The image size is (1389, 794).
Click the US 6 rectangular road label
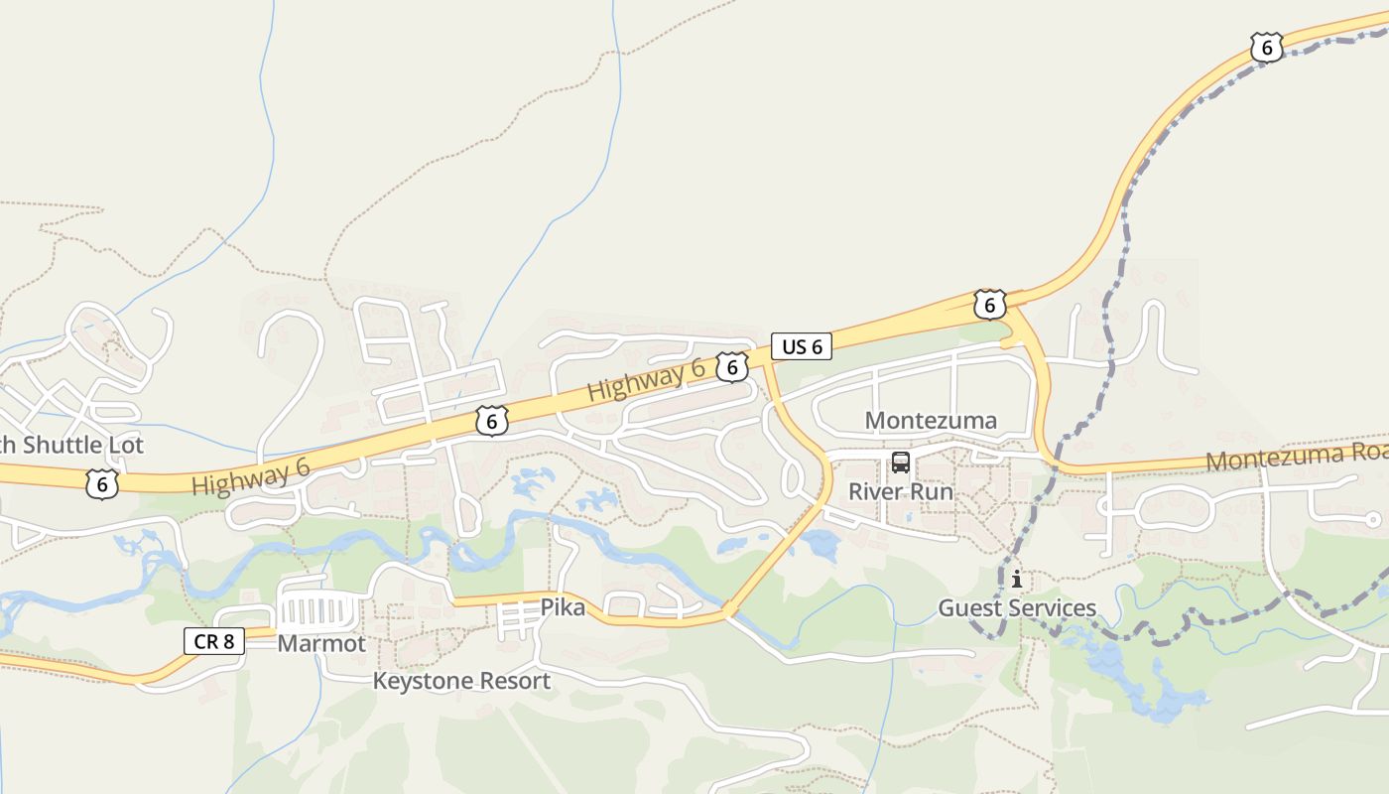click(x=802, y=346)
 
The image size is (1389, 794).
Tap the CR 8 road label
click(x=213, y=641)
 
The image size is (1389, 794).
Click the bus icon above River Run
click(x=901, y=462)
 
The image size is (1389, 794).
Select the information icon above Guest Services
click(x=1016, y=579)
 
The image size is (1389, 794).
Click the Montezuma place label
click(x=931, y=420)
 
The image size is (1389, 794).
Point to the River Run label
click(x=900, y=491)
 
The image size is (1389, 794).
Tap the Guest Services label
click(x=1017, y=607)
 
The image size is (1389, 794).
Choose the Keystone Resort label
click(x=461, y=681)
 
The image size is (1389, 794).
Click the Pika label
click(x=562, y=606)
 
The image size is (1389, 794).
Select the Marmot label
click(x=321, y=643)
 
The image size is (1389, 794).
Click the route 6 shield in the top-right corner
click(x=1266, y=48)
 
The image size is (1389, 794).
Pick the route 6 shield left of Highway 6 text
click(x=102, y=484)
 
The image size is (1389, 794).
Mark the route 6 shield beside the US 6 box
click(x=731, y=367)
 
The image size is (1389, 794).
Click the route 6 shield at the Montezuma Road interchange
click(x=989, y=304)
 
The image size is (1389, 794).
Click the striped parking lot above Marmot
click(x=319, y=607)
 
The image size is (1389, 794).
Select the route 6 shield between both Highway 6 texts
click(x=491, y=421)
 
